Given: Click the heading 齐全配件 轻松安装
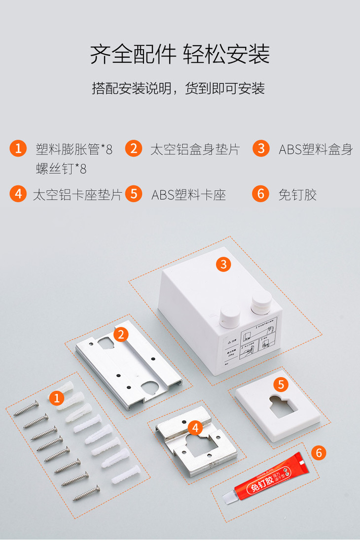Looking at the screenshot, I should pyautogui.click(x=180, y=54).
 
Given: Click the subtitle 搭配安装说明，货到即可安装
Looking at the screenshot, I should pyautogui.click(x=179, y=89).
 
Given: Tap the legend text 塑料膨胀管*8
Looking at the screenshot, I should pyautogui.click(x=74, y=149).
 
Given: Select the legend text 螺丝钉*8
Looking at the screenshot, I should pyautogui.click(x=61, y=169).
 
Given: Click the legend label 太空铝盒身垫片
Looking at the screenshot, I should pyautogui.click(x=195, y=149).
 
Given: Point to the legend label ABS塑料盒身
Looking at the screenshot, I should pyautogui.click(x=316, y=149).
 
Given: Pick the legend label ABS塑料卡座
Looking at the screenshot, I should pyautogui.click(x=188, y=194).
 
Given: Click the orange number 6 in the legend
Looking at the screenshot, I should pyautogui.click(x=260, y=193).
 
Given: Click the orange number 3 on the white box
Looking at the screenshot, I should pyautogui.click(x=223, y=264).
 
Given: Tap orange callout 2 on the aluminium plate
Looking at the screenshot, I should pyautogui.click(x=120, y=335).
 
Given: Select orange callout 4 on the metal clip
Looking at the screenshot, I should pyautogui.click(x=195, y=428).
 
